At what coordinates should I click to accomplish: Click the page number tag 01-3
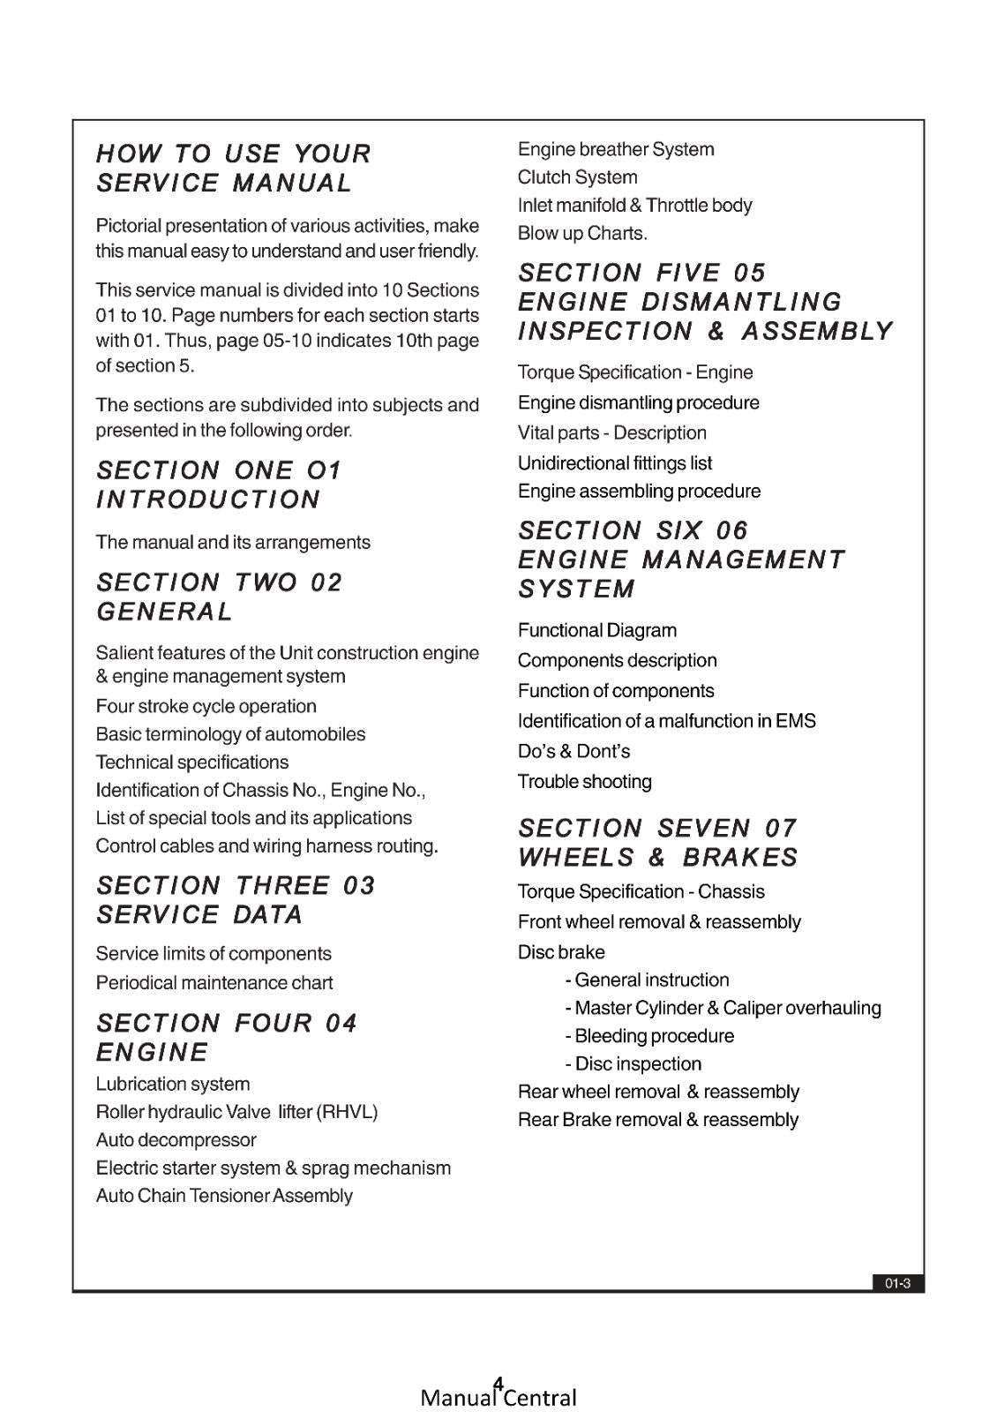point(897,1284)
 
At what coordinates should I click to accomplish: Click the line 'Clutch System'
point(577,177)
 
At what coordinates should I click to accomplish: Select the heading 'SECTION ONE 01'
point(219,470)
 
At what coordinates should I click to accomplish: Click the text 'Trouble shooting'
point(584,782)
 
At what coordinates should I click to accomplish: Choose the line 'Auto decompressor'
point(176,1140)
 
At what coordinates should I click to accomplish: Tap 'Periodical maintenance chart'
point(214,983)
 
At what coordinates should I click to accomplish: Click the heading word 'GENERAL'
point(165,612)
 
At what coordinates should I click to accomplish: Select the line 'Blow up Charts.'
point(582,234)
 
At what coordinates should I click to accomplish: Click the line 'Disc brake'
point(561,952)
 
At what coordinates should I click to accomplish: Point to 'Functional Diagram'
point(597,631)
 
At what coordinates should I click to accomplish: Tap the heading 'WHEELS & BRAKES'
point(657,858)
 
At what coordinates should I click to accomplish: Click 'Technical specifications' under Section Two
point(191,762)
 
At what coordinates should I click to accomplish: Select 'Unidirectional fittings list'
point(615,463)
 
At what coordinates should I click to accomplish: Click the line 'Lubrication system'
point(173,1085)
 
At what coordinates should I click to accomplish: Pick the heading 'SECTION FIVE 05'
point(642,273)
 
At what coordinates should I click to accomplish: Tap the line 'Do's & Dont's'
point(573,752)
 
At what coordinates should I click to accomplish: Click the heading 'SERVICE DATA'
point(199,915)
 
